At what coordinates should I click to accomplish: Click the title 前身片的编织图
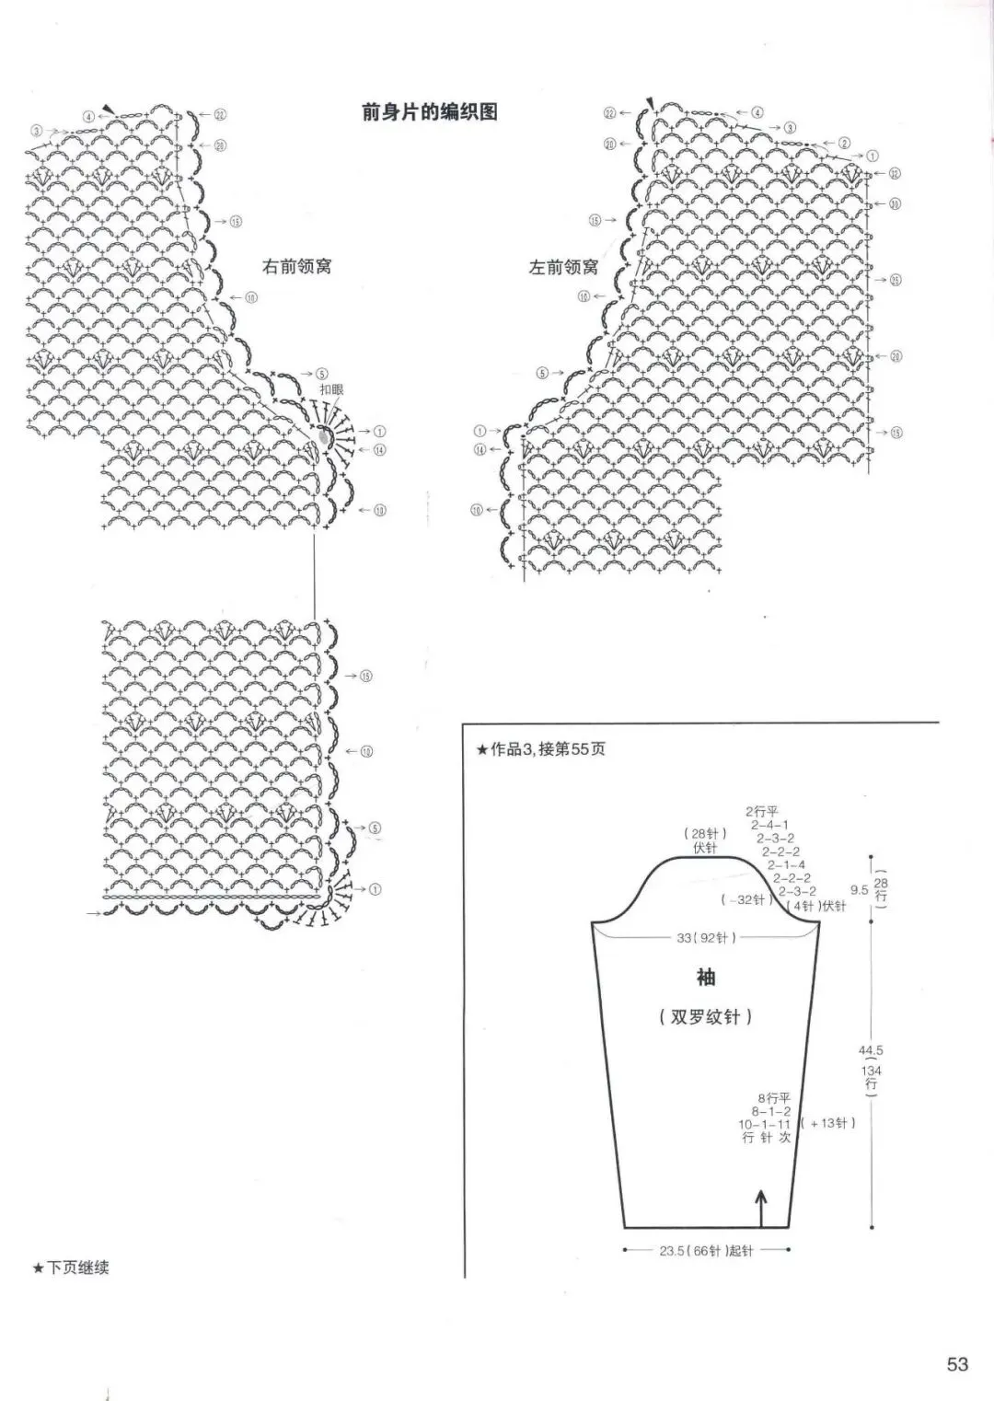(x=430, y=112)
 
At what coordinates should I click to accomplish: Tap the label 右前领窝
(x=297, y=267)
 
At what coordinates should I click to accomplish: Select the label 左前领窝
(x=563, y=268)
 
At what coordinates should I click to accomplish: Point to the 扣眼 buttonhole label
(x=331, y=390)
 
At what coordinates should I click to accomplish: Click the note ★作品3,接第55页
(x=541, y=749)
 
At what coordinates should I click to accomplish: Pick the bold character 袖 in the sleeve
(x=706, y=978)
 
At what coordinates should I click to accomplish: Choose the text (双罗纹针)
(x=706, y=1017)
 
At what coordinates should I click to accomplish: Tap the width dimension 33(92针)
(x=706, y=938)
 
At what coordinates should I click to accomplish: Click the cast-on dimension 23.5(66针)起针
(x=706, y=1251)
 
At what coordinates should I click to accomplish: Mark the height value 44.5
(x=871, y=1050)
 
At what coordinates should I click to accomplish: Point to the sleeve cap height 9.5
(x=860, y=890)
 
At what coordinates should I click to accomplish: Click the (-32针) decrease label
(x=746, y=899)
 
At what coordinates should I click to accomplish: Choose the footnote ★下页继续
(x=71, y=1268)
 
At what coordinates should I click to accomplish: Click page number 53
(x=957, y=1364)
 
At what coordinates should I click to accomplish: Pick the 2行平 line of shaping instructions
(x=762, y=812)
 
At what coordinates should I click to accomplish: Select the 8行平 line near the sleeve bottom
(x=774, y=1098)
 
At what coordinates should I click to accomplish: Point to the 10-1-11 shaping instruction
(x=765, y=1125)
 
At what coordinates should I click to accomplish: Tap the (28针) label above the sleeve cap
(x=705, y=834)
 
